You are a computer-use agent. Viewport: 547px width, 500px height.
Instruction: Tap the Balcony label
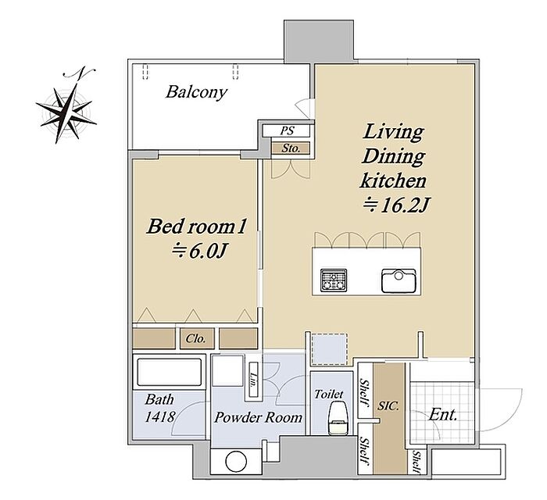(196, 92)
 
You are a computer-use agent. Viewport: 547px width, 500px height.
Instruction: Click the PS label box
(288, 130)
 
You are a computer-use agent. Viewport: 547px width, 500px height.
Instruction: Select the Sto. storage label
(291, 148)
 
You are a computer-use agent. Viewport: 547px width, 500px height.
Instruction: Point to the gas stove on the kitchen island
(334, 280)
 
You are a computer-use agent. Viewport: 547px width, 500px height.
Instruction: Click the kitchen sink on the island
(399, 280)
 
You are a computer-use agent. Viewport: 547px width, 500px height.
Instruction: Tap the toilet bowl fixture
(338, 417)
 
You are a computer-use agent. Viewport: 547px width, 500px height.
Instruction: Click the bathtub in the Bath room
(170, 372)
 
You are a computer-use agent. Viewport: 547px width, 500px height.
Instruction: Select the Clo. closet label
(195, 338)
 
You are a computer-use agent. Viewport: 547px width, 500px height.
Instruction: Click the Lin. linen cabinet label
(254, 381)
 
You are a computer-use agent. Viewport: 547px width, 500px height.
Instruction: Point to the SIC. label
(388, 405)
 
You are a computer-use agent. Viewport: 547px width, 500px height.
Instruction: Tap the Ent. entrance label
(443, 415)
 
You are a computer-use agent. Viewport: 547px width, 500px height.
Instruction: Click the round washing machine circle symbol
(236, 462)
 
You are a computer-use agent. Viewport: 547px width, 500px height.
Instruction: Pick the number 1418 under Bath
(159, 416)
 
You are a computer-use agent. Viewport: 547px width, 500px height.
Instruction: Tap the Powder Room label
(258, 417)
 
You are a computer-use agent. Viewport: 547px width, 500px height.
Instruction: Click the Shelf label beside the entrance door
(417, 462)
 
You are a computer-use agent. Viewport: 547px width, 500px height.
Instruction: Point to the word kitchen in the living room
(393, 180)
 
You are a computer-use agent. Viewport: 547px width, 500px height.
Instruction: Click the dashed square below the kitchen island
(329, 349)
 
